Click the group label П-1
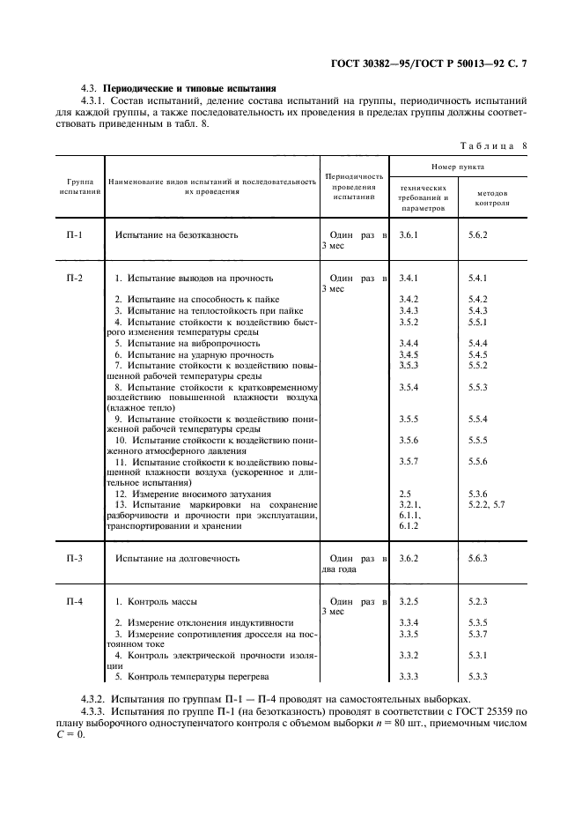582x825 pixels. coord(74,235)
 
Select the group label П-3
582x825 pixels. coord(74,559)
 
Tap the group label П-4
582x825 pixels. coord(74,601)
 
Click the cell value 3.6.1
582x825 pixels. coord(409,235)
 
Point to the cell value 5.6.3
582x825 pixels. coord(478,559)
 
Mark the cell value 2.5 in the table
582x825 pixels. coord(405,494)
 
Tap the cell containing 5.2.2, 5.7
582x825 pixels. coord(487,505)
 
